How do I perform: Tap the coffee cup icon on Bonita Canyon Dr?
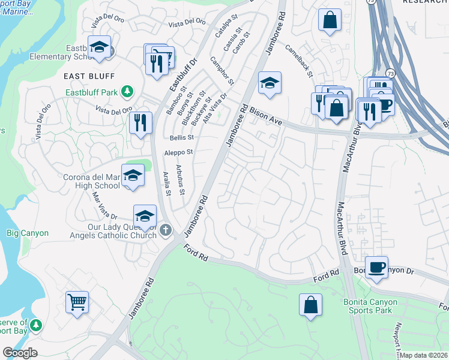(376, 267)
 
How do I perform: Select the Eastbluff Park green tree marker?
(127, 92)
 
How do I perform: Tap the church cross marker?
(166, 230)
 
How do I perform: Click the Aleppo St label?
(178, 153)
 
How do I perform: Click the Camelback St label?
(298, 61)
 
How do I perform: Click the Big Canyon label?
(27, 233)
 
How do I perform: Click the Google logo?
(20, 353)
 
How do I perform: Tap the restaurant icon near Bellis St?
(140, 123)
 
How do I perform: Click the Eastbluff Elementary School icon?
(99, 47)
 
